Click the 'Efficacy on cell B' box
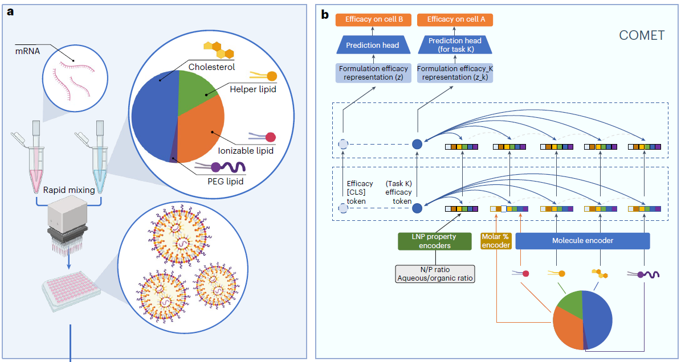(x=373, y=19)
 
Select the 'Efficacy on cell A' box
(x=455, y=19)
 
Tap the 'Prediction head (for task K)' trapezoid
(x=455, y=45)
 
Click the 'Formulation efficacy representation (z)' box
(x=373, y=73)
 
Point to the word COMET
(x=642, y=36)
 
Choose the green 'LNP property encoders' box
(x=434, y=241)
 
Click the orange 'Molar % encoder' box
(x=496, y=241)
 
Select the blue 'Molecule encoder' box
(x=582, y=241)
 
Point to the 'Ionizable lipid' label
(x=246, y=151)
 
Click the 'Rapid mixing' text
(x=69, y=190)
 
